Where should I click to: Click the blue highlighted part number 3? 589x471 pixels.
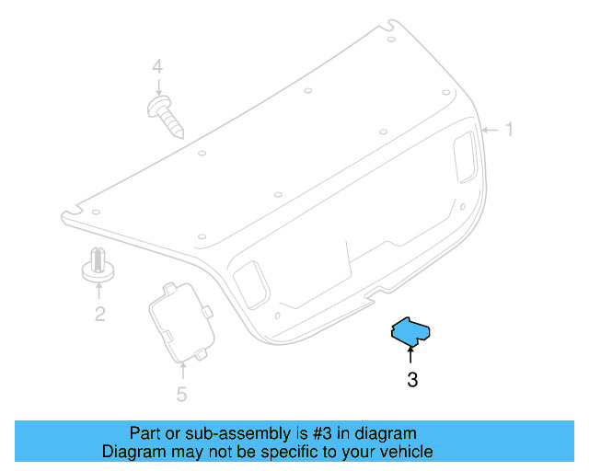pyautogui.click(x=411, y=332)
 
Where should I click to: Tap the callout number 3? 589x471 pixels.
pyautogui.click(x=412, y=379)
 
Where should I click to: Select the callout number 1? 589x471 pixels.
pyautogui.click(x=508, y=131)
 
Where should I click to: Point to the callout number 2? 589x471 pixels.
pyautogui.click(x=99, y=315)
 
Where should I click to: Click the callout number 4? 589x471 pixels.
pyautogui.click(x=157, y=67)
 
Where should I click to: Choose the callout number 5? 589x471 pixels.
pyautogui.click(x=181, y=395)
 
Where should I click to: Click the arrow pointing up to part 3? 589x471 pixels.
pyautogui.click(x=411, y=354)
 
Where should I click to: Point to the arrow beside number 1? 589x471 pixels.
pyautogui.click(x=490, y=131)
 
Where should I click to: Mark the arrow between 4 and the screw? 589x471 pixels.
pyautogui.click(x=158, y=88)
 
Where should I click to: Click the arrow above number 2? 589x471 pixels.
pyautogui.click(x=99, y=292)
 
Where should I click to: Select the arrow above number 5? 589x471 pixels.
pyautogui.click(x=182, y=371)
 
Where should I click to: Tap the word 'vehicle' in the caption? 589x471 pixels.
pyautogui.click(x=405, y=452)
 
